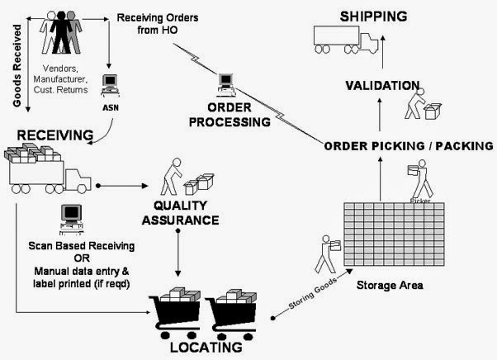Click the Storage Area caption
[x=390, y=286]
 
